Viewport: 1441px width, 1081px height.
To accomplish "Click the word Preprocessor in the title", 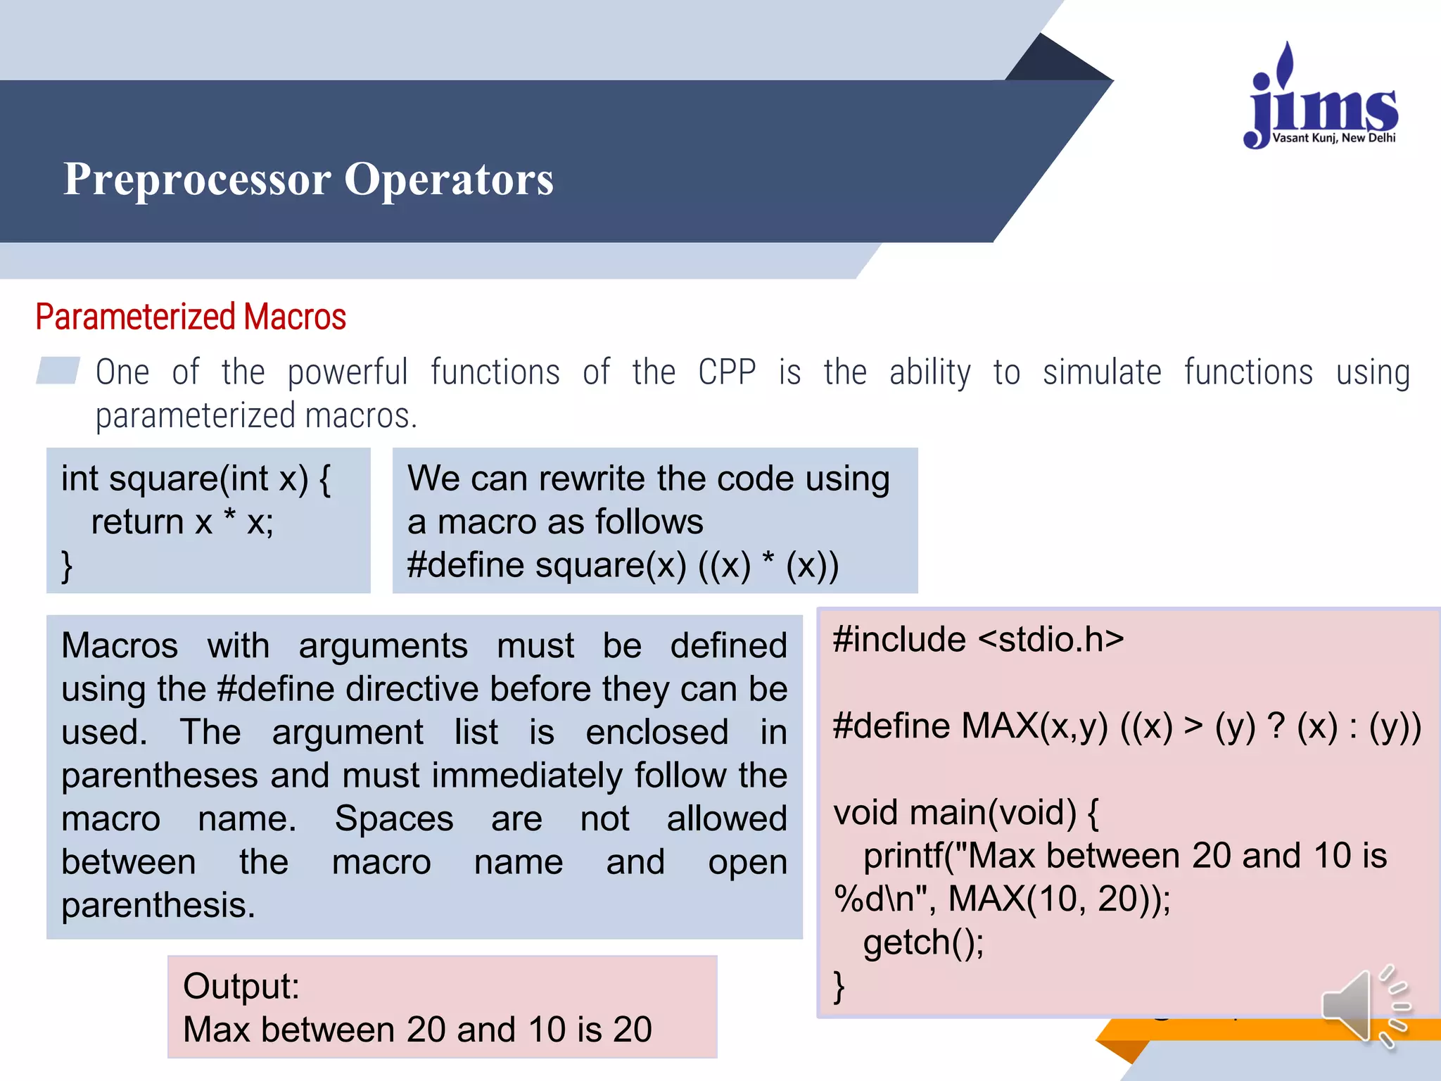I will coord(197,179).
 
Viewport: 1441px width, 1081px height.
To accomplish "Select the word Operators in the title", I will coord(448,179).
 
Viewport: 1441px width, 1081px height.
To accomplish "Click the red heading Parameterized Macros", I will coord(191,317).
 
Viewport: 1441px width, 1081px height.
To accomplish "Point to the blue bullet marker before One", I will coord(58,371).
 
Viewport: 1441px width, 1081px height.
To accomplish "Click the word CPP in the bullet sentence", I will coord(726,372).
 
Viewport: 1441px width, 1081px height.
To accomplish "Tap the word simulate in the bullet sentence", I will coord(1101,372).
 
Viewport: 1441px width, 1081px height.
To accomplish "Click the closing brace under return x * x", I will coord(67,565).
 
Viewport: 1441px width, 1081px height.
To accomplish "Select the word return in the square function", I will coord(137,522).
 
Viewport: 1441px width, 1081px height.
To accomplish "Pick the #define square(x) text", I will coord(546,565).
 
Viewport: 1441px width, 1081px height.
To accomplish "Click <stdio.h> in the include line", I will coord(1050,639).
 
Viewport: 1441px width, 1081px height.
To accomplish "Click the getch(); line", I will coord(922,942).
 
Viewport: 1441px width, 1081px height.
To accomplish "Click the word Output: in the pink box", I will coord(241,986).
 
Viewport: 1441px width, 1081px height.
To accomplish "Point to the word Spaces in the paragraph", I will coord(393,818).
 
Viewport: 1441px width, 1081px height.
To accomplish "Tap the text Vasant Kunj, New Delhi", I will coord(1333,138).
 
